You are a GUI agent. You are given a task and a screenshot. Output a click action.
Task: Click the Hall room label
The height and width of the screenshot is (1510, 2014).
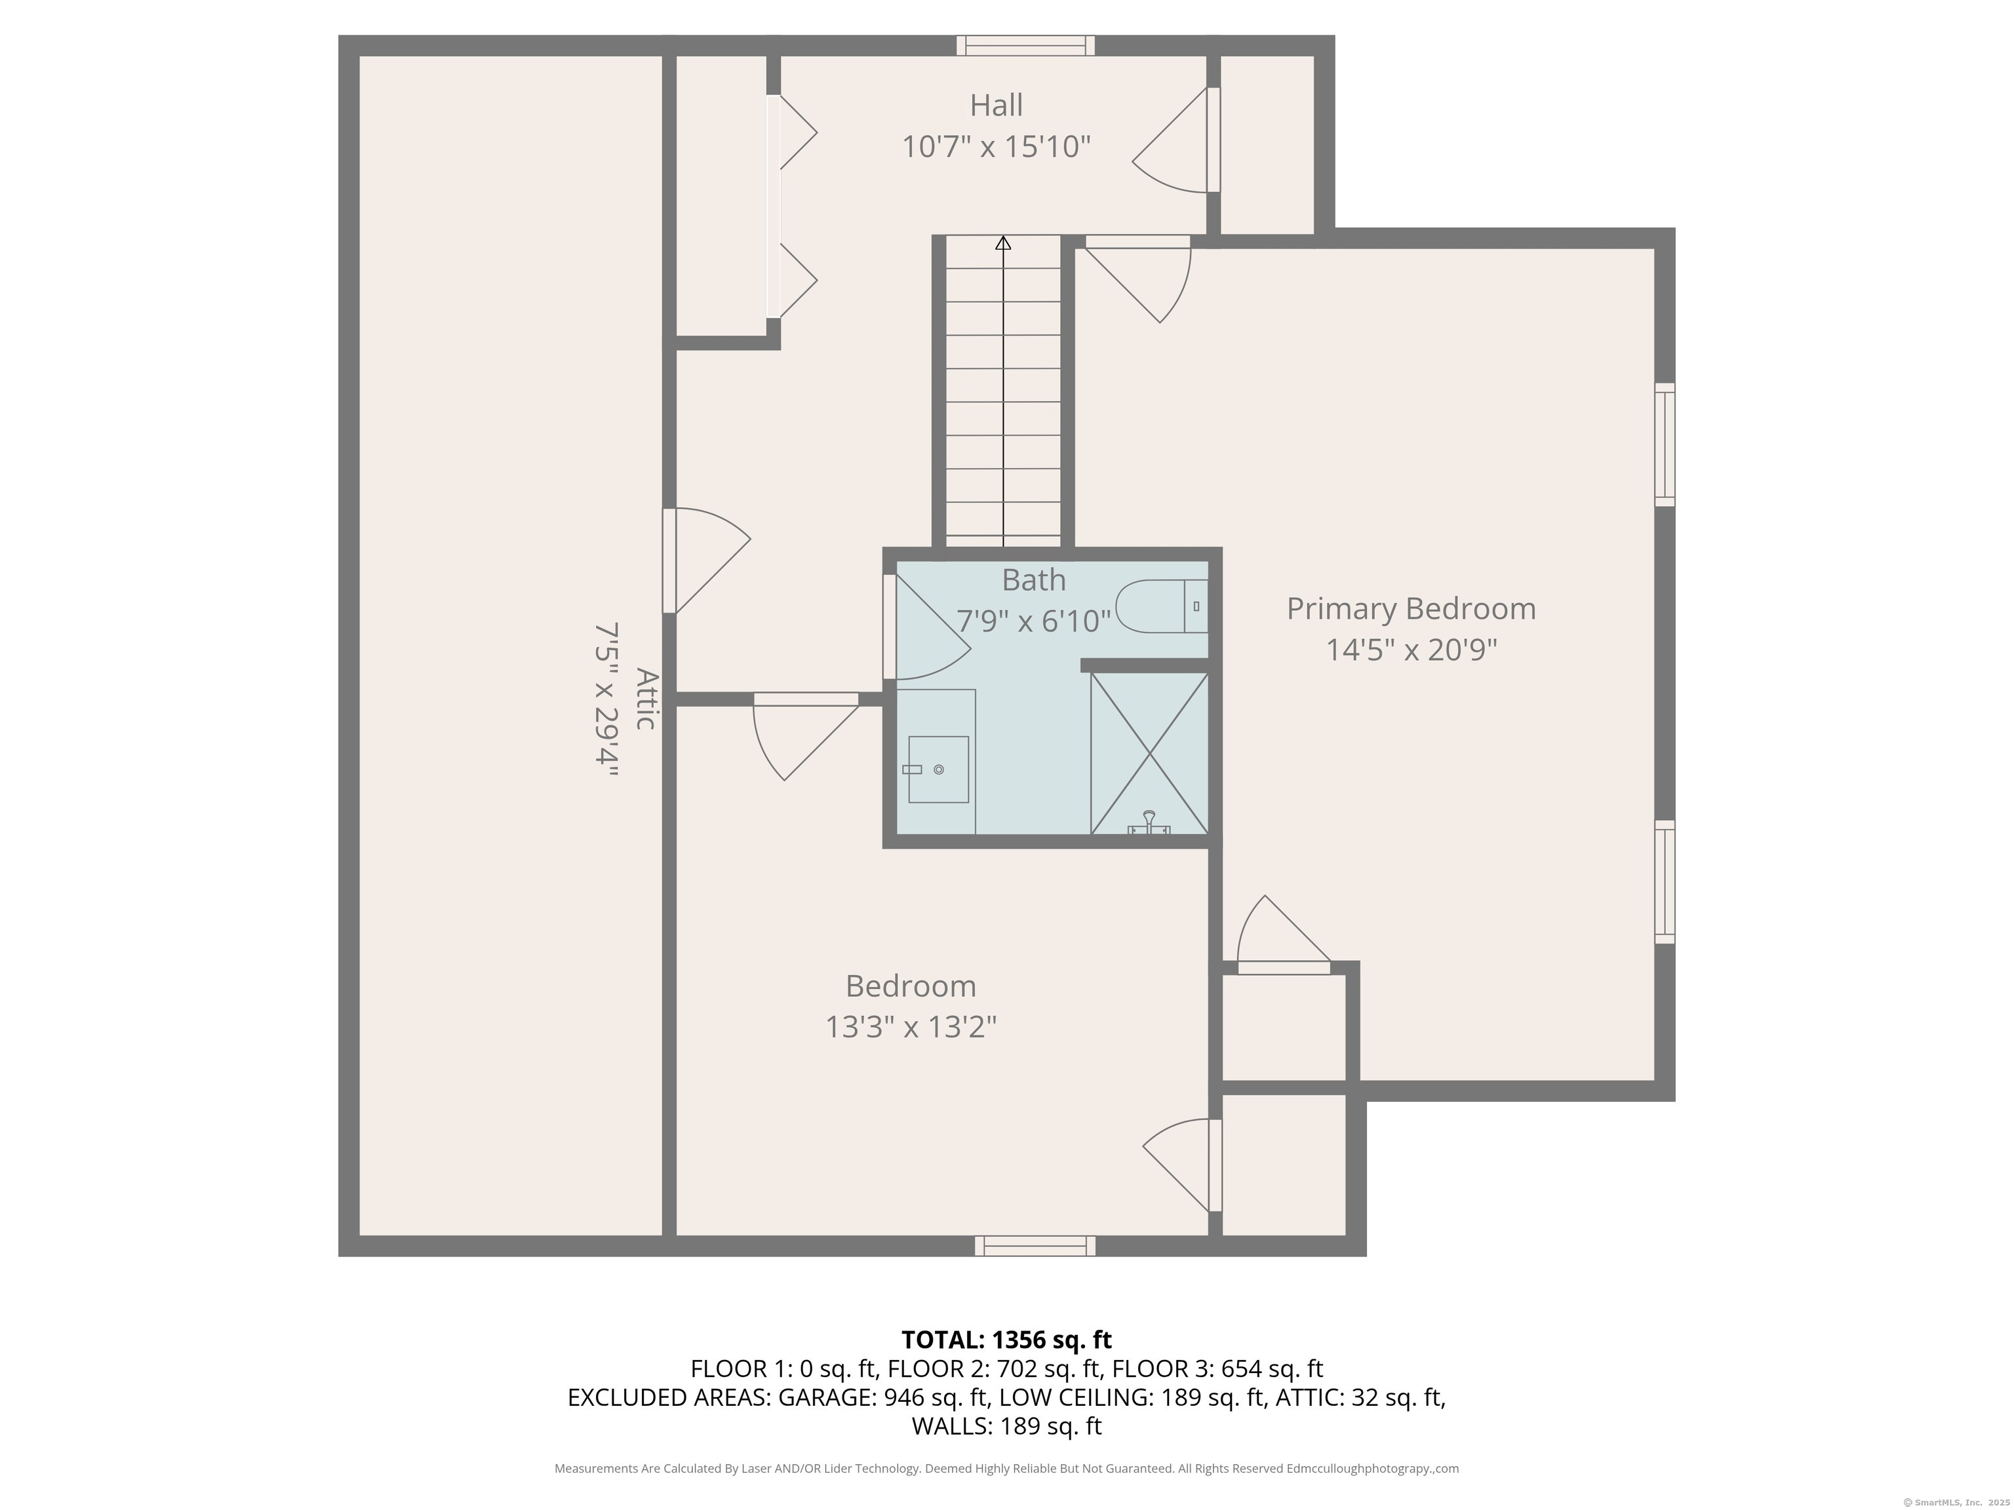(996, 106)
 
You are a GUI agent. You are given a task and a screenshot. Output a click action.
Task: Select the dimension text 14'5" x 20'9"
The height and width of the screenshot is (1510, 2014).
(1412, 650)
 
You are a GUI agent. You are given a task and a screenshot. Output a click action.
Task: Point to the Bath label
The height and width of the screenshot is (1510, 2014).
(1033, 580)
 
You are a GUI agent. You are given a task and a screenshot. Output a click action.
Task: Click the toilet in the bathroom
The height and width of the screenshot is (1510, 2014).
(1162, 606)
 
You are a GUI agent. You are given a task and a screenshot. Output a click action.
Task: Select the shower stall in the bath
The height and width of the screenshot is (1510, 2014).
(1150, 753)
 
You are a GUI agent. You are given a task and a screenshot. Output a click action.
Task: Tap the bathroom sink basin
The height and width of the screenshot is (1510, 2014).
(938, 769)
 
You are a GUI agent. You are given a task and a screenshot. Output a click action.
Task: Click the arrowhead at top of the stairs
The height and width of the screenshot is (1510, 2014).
(1003, 243)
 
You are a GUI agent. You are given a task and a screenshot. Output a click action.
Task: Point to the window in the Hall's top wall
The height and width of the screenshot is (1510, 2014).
(1025, 45)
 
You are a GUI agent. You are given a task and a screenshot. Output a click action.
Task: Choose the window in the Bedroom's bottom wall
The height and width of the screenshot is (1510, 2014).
(1035, 1246)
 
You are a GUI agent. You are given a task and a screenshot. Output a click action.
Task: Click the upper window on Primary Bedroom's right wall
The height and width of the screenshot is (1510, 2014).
(1665, 444)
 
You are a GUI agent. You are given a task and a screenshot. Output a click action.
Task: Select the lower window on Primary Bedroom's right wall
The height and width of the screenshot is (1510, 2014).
(1665, 881)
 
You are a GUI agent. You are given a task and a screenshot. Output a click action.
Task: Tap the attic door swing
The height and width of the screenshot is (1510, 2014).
(707, 560)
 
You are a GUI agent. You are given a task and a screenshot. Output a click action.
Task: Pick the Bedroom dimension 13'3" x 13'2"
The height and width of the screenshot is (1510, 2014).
(911, 1027)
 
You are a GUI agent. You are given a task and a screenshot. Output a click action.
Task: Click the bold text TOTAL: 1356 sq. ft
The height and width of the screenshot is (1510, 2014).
(1006, 1340)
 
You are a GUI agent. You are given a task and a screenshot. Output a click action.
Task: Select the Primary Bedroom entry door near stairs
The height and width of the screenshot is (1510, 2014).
(1138, 279)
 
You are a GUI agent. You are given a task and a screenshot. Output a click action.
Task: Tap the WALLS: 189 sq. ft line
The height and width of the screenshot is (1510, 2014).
(1006, 1426)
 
